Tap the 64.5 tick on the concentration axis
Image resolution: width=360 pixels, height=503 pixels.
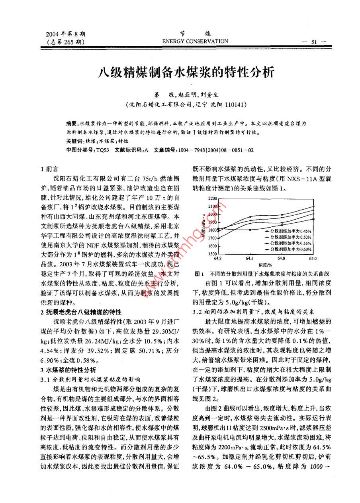click(x=250, y=258)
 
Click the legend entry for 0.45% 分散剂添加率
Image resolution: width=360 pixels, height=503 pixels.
click(x=288, y=231)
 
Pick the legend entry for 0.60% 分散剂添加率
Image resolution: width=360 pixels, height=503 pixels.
click(x=288, y=249)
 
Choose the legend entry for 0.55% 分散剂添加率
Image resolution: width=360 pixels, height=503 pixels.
click(x=288, y=243)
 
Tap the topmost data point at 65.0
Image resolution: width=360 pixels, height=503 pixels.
click(x=314, y=206)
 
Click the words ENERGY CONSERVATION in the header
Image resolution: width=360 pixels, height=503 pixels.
click(x=195, y=41)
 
